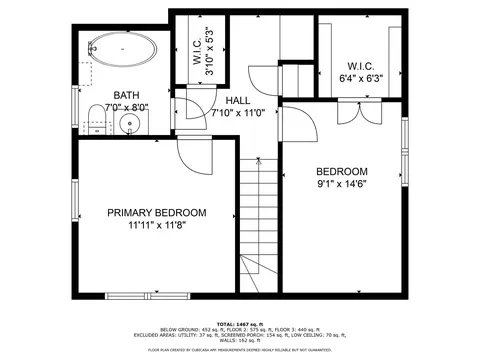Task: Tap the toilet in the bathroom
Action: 93,118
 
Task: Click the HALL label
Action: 237,101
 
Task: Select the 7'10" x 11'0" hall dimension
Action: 237,113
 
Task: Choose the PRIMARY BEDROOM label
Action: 157,213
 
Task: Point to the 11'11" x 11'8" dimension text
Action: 157,226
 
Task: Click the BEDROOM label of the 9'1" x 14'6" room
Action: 342,171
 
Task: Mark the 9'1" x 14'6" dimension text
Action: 342,184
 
